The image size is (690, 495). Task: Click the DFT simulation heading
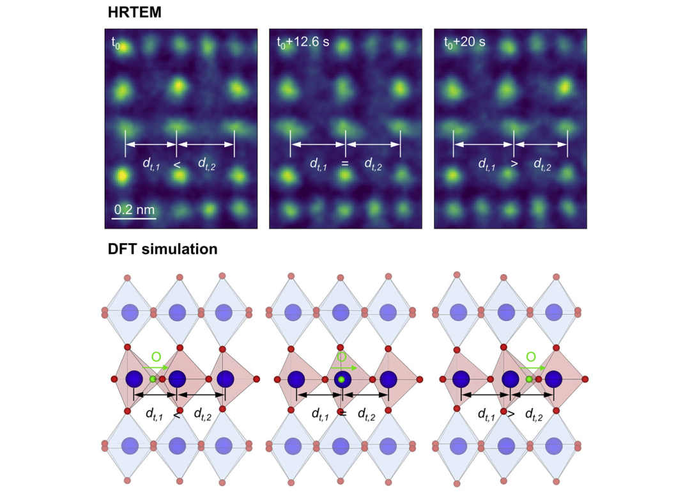tap(162, 249)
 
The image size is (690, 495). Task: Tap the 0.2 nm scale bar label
tap(134, 210)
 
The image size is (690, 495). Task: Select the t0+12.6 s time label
tap(303, 43)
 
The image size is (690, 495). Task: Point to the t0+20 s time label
tap(464, 43)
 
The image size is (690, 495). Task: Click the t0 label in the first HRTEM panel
tap(116, 43)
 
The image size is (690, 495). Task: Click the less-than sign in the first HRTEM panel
tap(177, 164)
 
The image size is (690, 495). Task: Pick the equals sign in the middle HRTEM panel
tap(345, 164)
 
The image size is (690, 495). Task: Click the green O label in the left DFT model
tap(156, 356)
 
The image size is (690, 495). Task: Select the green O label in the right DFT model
tap(530, 356)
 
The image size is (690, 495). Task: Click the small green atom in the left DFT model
tap(153, 379)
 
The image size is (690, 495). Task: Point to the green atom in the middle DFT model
tap(342, 380)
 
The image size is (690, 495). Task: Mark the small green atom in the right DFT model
tap(529, 379)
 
